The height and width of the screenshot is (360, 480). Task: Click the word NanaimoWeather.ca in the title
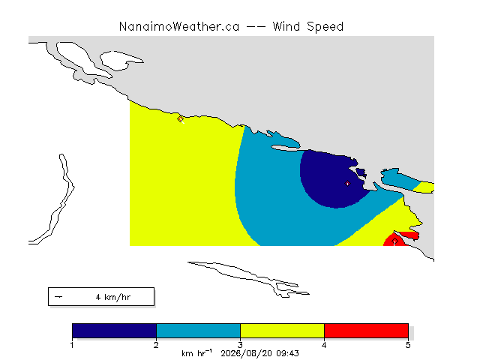(x=179, y=27)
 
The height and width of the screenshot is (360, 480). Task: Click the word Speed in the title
(x=325, y=27)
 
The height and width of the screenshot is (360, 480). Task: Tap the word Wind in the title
(x=286, y=27)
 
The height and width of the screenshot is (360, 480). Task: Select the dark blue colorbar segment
(x=114, y=331)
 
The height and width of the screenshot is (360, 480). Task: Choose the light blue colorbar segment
(x=198, y=331)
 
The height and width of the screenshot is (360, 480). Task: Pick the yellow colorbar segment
(x=282, y=331)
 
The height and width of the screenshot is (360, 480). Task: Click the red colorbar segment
(x=367, y=331)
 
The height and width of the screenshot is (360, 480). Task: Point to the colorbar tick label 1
(x=72, y=345)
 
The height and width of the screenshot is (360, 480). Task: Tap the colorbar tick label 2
(x=156, y=345)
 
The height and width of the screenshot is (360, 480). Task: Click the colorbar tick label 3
(x=240, y=345)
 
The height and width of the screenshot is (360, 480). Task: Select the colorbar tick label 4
(x=324, y=345)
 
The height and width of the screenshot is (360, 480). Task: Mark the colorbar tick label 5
(x=408, y=345)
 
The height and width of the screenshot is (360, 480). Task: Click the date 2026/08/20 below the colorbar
(x=247, y=353)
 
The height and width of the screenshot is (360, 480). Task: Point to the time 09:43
(x=287, y=353)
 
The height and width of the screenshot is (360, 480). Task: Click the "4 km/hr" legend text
(x=113, y=297)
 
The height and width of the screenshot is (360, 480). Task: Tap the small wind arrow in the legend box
(x=58, y=297)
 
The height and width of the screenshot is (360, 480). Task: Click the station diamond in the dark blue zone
(x=347, y=183)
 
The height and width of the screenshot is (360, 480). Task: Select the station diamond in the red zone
(x=395, y=241)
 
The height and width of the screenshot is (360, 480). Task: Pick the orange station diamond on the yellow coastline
(x=180, y=118)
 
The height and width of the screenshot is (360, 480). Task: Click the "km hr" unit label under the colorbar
(x=196, y=353)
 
